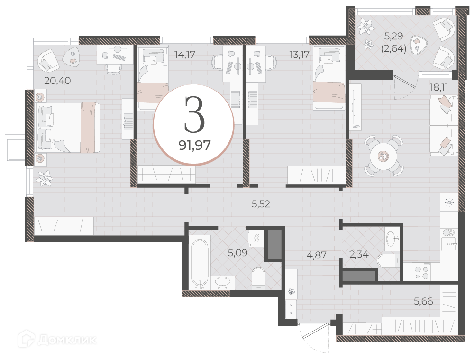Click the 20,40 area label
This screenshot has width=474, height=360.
tap(57, 81)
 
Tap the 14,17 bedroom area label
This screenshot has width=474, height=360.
tap(185, 55)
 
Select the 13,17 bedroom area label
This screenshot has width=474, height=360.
tap(299, 55)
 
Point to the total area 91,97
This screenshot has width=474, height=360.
tap(194, 146)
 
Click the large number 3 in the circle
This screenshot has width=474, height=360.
tap(194, 114)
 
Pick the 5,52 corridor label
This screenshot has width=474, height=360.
tap(261, 204)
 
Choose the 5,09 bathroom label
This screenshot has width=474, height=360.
tap(237, 253)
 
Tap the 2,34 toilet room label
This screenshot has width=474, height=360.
tap(359, 254)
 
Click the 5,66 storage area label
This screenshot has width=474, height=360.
tap(423, 301)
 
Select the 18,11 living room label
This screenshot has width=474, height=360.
tap(439, 87)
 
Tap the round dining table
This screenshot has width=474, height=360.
tap(383, 156)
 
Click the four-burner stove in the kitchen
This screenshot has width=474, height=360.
tap(422, 272)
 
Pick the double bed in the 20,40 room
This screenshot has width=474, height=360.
tap(68, 127)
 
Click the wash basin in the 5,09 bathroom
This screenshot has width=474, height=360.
tap(223, 283)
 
